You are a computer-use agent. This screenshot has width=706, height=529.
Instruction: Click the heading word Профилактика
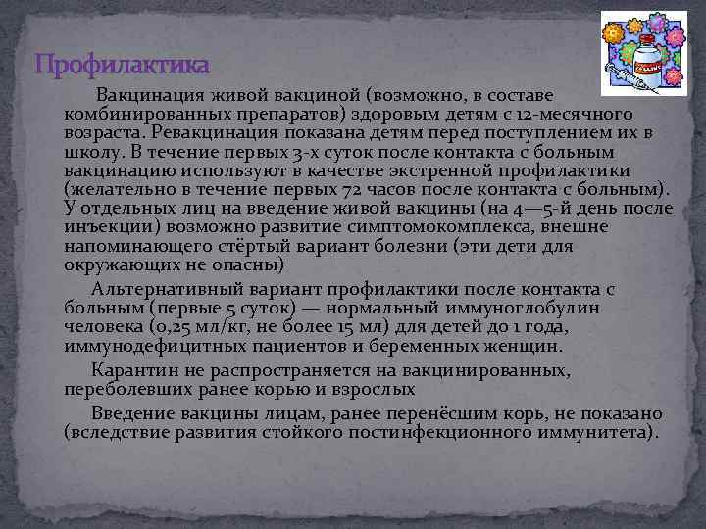coord(122,66)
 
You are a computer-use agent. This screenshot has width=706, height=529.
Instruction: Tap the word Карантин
coord(135,370)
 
